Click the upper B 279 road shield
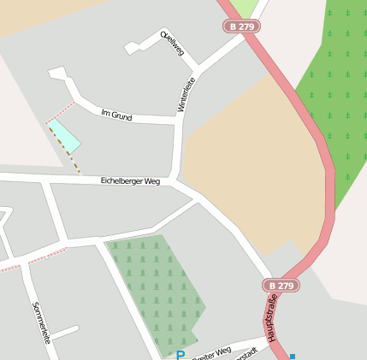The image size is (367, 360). point(242,27)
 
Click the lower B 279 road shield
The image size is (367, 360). point(280,286)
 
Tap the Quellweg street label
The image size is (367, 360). point(172,43)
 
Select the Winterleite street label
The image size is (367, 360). point(185,94)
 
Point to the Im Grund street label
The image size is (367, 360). point(116,115)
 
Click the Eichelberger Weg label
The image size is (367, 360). point(130,181)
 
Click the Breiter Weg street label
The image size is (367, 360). point(211,352)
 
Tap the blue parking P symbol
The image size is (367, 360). point(180,355)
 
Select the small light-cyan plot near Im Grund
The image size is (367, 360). point(64,136)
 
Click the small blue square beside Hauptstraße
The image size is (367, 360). point(293,356)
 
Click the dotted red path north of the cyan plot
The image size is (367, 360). point(60,112)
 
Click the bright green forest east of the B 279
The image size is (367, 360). point(338,94)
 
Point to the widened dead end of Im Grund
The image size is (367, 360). point(57,74)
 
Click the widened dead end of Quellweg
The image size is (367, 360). point(132,49)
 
